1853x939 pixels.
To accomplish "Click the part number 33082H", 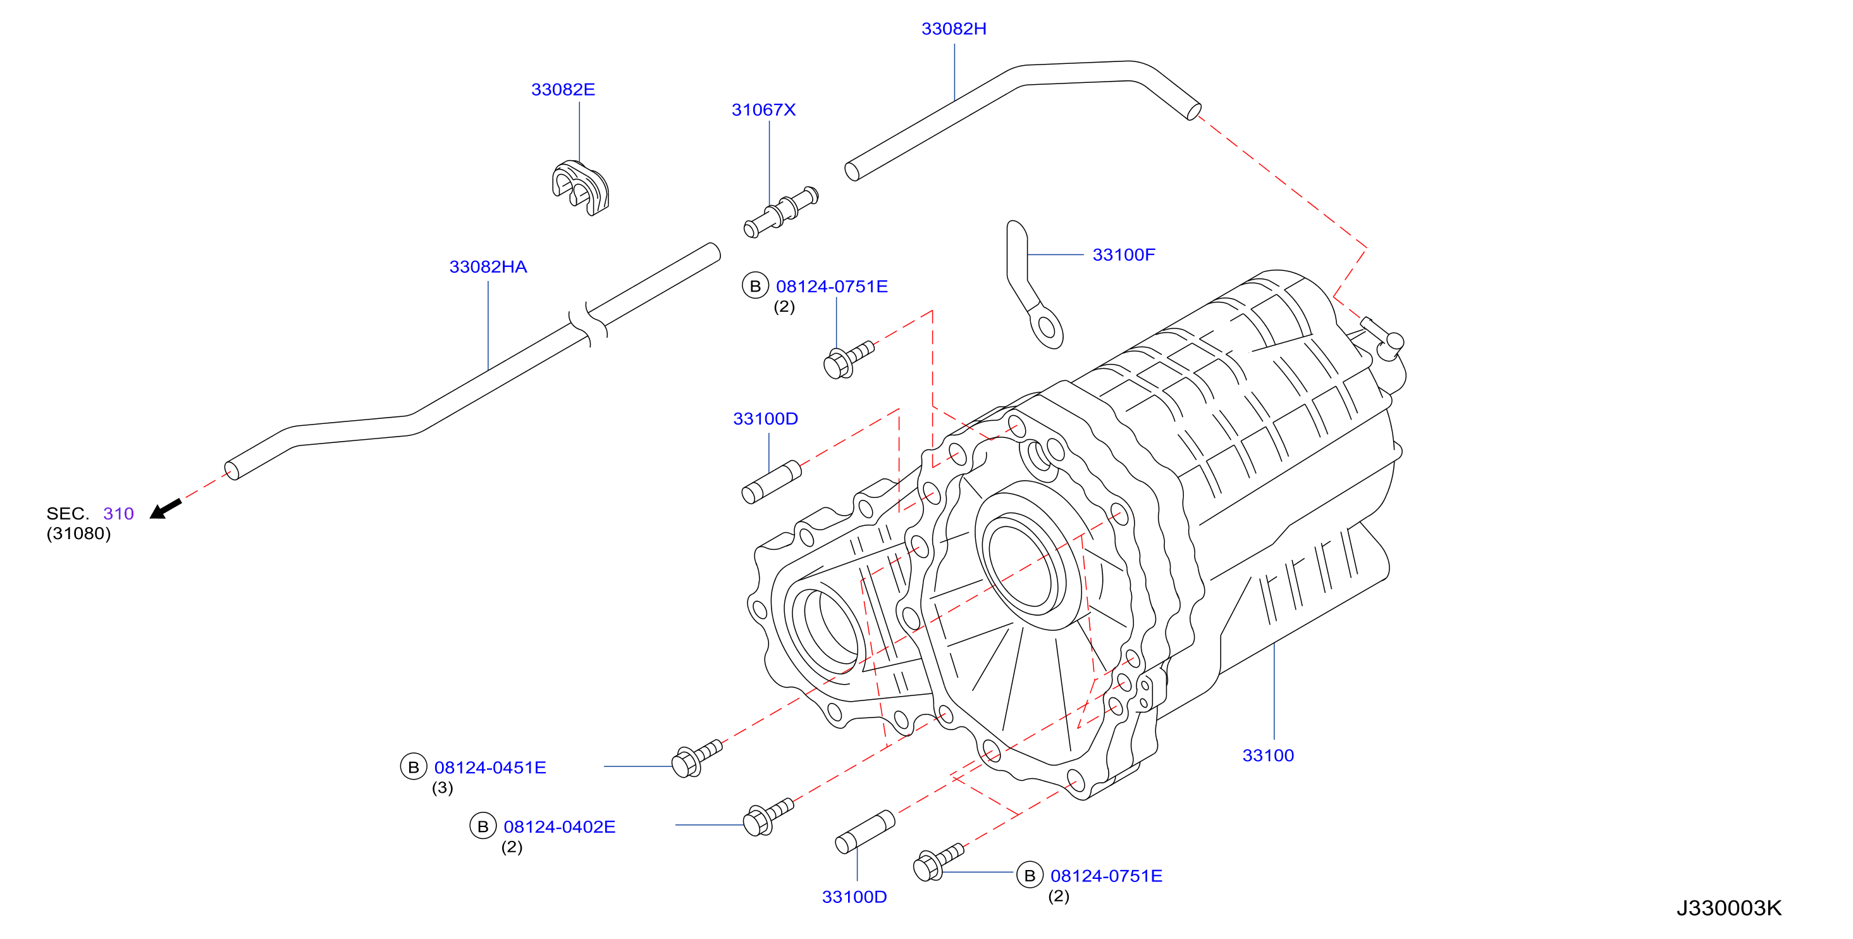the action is click(x=954, y=28).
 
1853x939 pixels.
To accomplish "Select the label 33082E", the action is click(x=563, y=90).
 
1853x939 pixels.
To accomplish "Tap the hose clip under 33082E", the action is click(x=581, y=188).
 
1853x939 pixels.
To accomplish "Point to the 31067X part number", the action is click(x=763, y=110).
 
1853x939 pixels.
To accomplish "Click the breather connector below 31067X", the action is click(x=780, y=211).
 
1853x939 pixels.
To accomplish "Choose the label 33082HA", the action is click(x=488, y=267).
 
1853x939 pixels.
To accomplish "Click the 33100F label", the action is click(x=1124, y=255).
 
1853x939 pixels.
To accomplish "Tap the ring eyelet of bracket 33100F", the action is click(x=1047, y=328).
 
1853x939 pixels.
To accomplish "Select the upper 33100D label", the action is click(x=765, y=419).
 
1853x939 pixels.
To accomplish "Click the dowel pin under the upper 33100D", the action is click(x=771, y=482).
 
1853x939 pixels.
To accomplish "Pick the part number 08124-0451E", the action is click(x=490, y=768).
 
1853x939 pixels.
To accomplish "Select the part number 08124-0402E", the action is click(x=559, y=827).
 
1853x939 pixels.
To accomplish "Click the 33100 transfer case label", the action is click(x=1267, y=756).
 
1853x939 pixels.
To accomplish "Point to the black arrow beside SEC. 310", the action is click(x=166, y=509).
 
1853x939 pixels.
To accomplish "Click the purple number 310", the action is click(x=119, y=514).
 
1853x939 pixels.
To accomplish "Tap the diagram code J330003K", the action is click(x=1729, y=908).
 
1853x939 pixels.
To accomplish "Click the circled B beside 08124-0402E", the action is click(x=483, y=826).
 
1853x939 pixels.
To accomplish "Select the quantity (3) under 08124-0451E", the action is click(x=443, y=788).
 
